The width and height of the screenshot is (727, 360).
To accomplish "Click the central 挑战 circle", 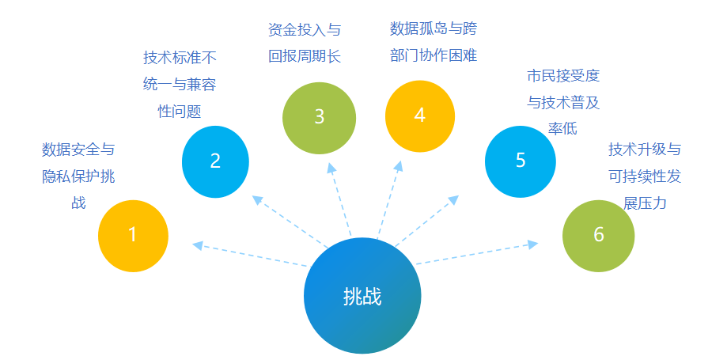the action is (362, 295).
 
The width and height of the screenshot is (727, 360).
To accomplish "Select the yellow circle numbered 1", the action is (133, 236).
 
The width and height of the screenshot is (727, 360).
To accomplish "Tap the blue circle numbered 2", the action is (215, 161).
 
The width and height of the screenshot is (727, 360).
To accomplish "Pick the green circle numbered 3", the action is (319, 118).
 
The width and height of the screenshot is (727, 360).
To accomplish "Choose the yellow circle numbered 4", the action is (419, 116).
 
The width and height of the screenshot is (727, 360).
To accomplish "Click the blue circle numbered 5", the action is (521, 161).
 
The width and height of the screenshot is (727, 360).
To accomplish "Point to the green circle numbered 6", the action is (598, 236).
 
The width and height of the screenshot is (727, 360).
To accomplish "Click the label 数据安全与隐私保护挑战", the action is (78, 176).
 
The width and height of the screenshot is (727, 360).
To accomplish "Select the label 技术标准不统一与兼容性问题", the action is (180, 85).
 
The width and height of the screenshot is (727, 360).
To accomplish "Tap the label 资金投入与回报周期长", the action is (305, 44).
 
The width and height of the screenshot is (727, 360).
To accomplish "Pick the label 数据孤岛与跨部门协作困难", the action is (434, 42).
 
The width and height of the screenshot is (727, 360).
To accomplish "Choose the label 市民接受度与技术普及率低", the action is (563, 102).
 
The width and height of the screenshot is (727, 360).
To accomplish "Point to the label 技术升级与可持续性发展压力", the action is (645, 176).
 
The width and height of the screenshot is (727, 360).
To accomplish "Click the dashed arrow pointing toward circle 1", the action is (250, 254).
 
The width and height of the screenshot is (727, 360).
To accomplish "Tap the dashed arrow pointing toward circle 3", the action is (340, 199).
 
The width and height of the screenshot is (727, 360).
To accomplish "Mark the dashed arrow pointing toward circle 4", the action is (389, 200).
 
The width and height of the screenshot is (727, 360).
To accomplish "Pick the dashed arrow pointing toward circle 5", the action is (427, 221).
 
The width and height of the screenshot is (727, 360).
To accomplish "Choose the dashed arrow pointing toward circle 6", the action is (477, 253).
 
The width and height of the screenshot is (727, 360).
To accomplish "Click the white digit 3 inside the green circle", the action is (319, 117).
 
